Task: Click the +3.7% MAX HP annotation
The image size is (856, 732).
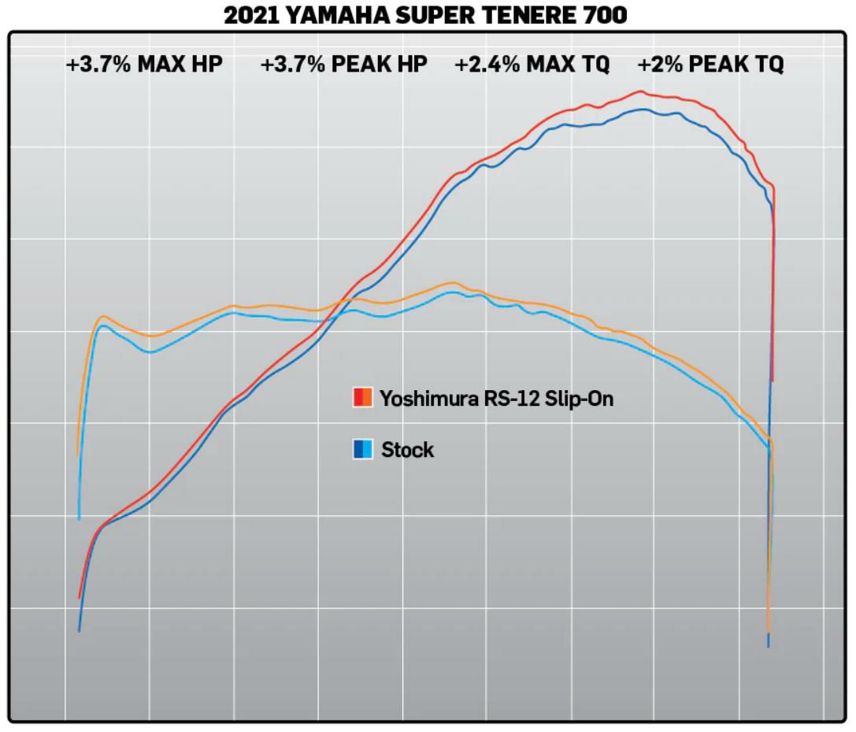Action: coord(144,65)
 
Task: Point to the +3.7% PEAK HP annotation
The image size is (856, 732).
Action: coord(344,65)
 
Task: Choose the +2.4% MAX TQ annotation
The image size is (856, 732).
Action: coord(532,65)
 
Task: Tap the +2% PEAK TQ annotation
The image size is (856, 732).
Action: coord(710,65)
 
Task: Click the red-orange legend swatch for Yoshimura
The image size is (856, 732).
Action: coord(362,397)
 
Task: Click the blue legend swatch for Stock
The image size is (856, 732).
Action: coord(362,449)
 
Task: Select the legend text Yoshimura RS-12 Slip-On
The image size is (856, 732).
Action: coord(496,398)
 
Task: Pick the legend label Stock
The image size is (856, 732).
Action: coord(407,450)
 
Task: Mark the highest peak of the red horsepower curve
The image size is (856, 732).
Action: coord(640,91)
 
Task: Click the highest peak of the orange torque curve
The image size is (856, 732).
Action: coord(453,282)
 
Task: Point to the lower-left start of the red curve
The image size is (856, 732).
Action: coord(80,598)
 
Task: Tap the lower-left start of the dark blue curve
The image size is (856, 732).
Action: coord(79,631)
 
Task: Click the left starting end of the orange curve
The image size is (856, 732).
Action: coord(77,455)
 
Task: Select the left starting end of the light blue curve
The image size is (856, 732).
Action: coord(79,519)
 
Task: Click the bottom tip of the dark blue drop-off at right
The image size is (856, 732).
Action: coord(769,647)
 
